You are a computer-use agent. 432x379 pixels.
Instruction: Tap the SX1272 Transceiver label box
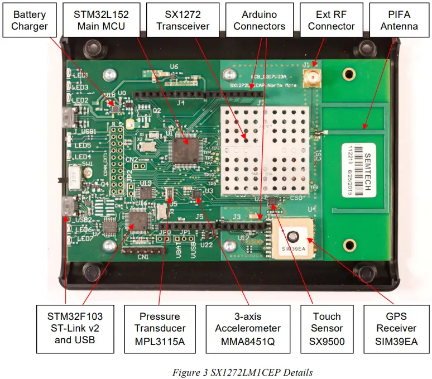pos(183,20)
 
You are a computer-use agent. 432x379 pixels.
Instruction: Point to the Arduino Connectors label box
pos(259,20)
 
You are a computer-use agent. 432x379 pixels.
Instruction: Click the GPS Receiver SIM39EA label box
pos(396,328)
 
